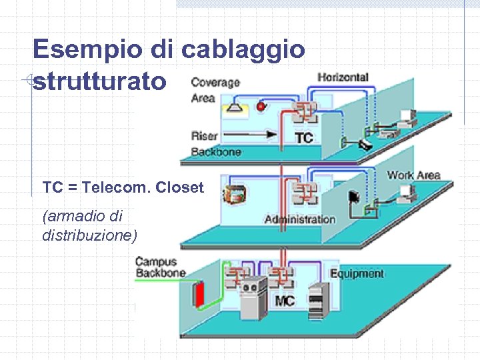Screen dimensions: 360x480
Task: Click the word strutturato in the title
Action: (x=99, y=81)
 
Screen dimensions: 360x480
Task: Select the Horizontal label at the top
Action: (x=343, y=77)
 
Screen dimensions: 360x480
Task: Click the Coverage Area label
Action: (x=215, y=90)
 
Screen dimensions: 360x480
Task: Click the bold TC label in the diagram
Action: (x=303, y=138)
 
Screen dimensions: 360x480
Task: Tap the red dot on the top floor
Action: (x=261, y=106)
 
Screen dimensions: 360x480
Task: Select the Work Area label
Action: (x=413, y=175)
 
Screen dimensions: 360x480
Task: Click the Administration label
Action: (x=299, y=219)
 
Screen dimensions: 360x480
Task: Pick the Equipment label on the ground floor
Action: (x=357, y=273)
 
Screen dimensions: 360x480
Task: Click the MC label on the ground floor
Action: (x=285, y=301)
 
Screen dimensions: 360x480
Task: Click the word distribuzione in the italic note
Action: (x=89, y=235)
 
